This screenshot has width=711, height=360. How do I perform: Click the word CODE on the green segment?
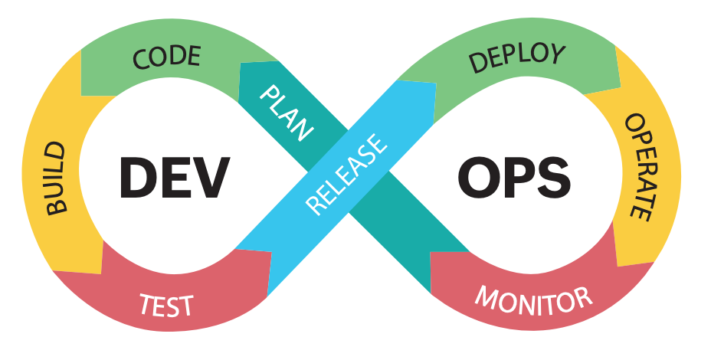tap(166, 57)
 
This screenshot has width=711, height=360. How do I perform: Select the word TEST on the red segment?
tap(166, 304)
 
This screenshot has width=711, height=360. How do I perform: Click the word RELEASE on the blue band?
tap(346, 174)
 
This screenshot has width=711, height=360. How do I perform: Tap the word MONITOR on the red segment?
tap(533, 297)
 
